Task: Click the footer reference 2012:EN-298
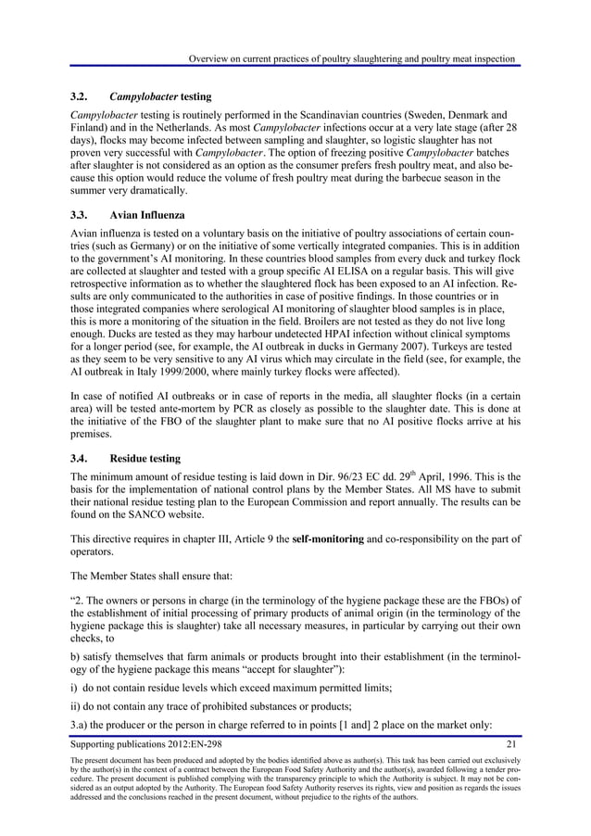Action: tap(184, 744)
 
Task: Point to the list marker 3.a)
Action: tap(84, 722)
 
